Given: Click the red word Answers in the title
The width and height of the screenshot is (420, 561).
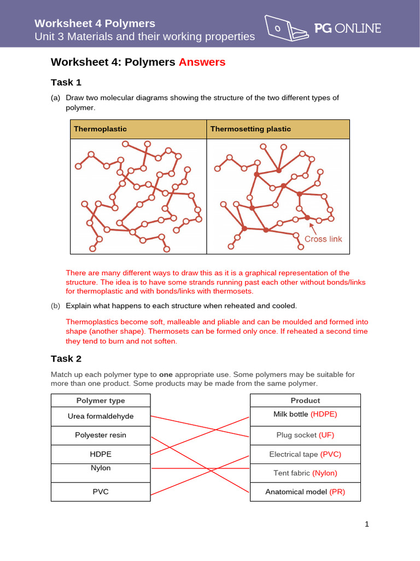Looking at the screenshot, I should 202,62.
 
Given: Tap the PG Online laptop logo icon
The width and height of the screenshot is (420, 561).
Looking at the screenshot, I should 285,27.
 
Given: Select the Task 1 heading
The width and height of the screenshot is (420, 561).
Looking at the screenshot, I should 66,82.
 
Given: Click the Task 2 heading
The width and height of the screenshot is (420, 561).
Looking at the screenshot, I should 66,358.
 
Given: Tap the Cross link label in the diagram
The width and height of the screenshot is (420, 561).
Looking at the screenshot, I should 323,239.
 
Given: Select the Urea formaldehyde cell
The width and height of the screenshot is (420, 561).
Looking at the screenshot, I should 101,416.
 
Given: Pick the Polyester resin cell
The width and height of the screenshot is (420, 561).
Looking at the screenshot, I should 101,435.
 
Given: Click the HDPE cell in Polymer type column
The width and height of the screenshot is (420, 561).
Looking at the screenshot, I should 101,454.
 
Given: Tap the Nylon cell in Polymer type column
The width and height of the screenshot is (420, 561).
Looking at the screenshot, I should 101,468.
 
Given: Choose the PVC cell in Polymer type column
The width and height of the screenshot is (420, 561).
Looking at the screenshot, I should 101,491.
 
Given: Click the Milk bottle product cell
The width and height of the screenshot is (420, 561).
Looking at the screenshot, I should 305,414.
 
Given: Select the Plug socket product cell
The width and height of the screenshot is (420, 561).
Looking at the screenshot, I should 305,435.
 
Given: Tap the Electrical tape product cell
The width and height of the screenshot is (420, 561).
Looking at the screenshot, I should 305,454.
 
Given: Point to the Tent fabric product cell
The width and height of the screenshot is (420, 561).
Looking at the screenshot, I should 305,473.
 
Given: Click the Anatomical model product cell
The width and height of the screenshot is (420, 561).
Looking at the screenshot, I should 305,492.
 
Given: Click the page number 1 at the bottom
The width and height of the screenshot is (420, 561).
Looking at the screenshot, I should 367,524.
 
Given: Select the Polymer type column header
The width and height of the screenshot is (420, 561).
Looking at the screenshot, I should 101,400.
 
